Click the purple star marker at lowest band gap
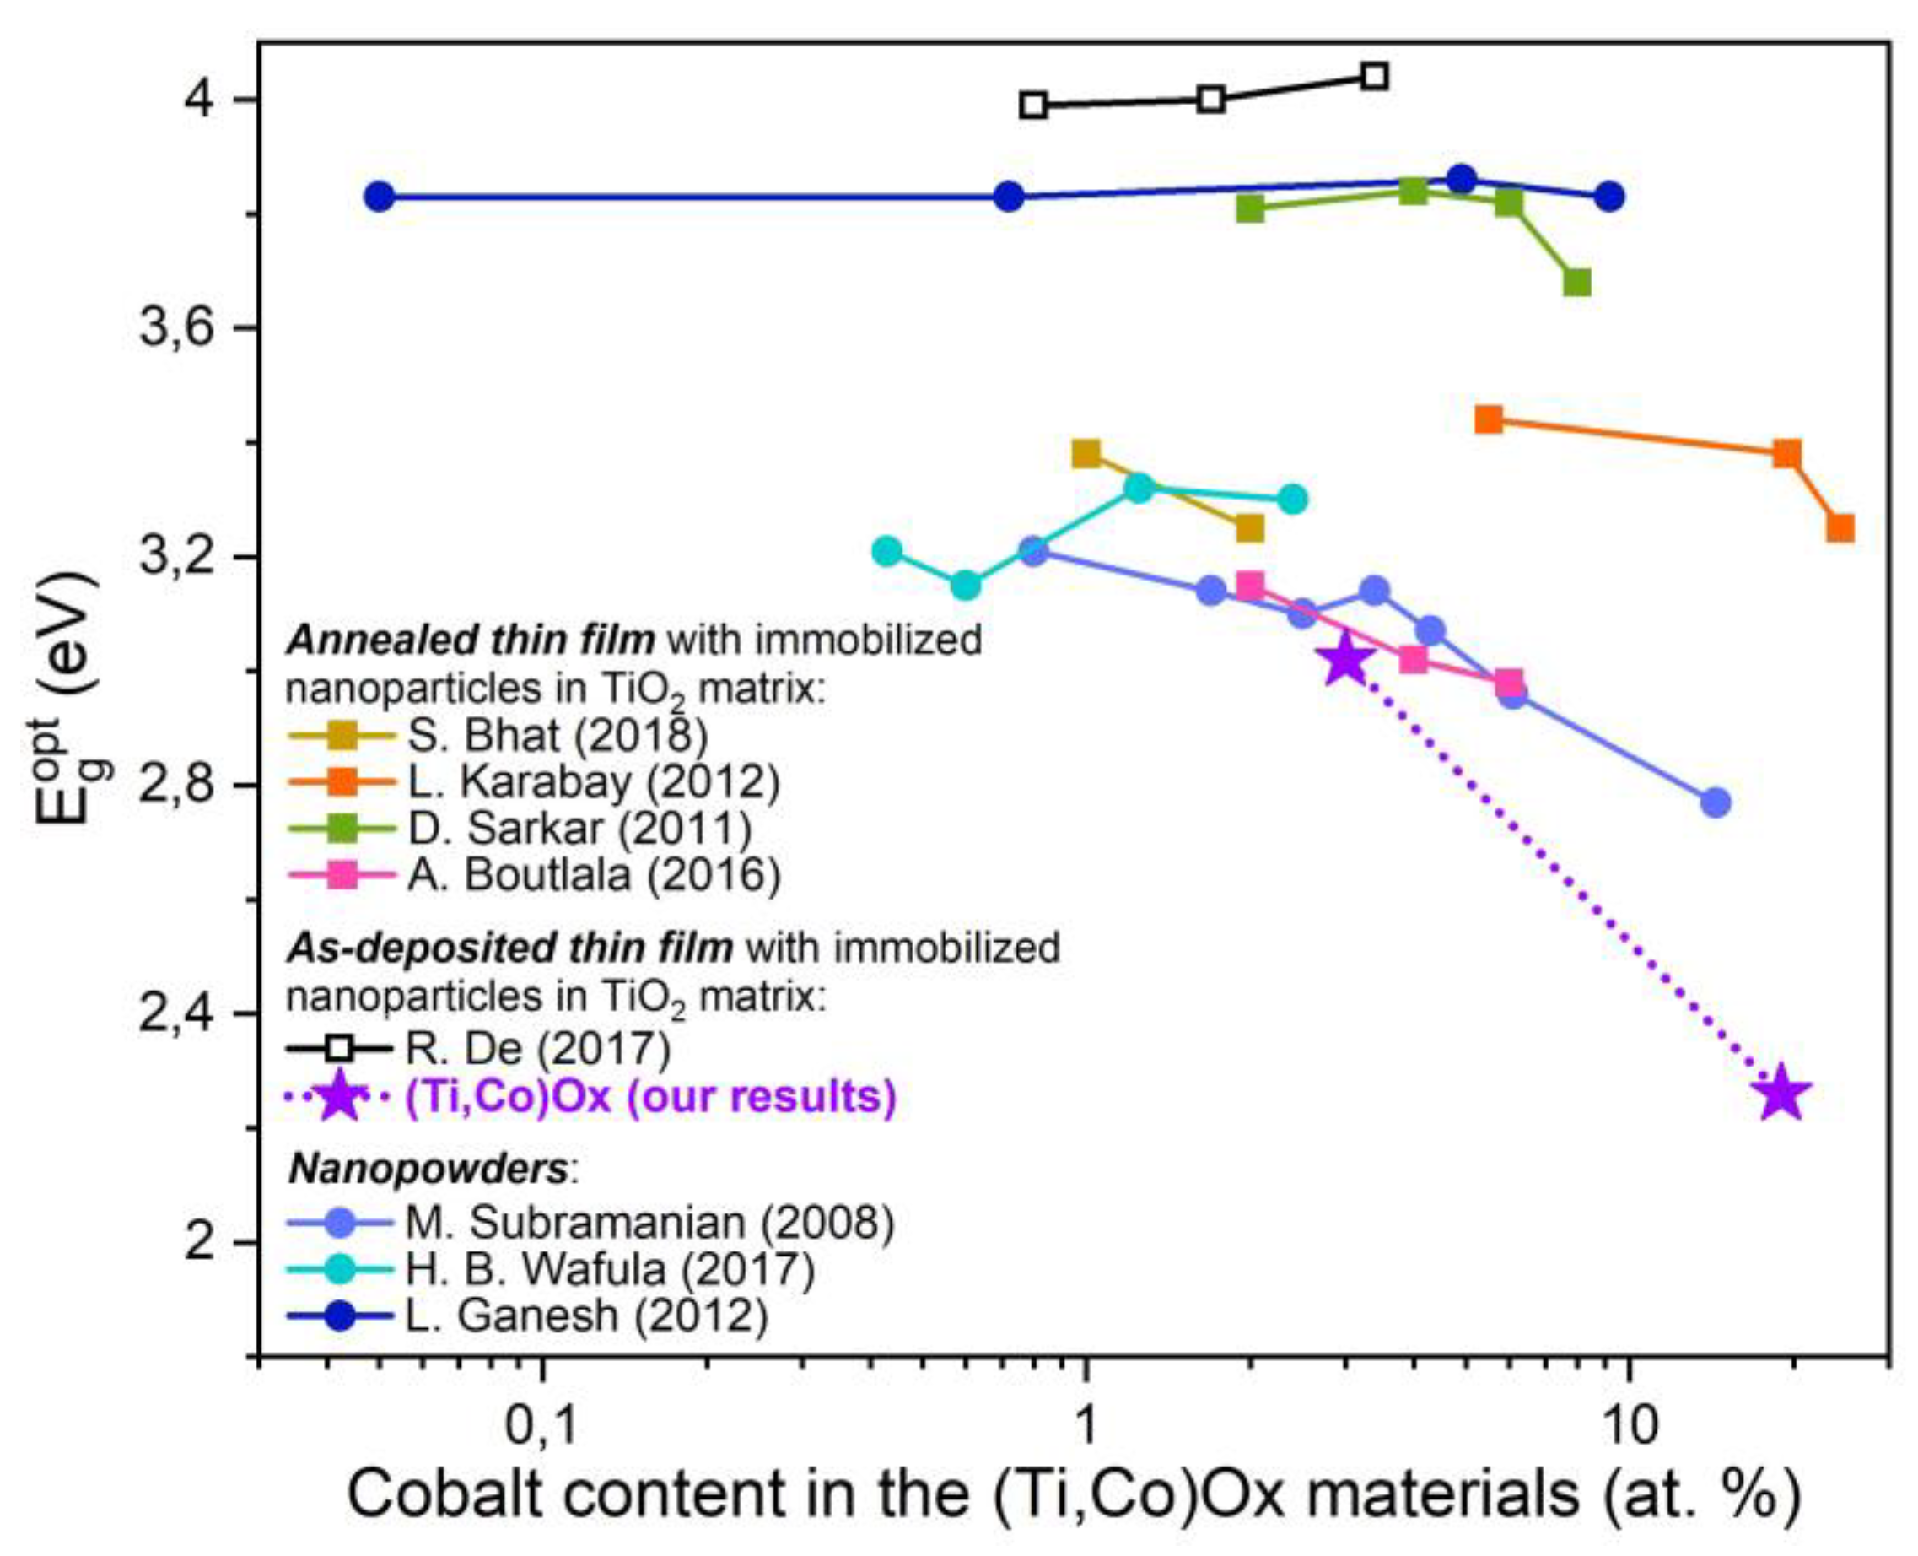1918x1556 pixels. click(x=1779, y=1094)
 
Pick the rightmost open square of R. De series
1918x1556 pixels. click(x=1374, y=76)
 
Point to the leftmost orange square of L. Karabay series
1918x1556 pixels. click(x=1488, y=419)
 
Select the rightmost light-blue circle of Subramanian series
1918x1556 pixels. click(x=1715, y=802)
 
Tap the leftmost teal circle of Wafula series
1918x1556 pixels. click(x=886, y=550)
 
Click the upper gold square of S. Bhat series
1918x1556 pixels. click(x=1086, y=453)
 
